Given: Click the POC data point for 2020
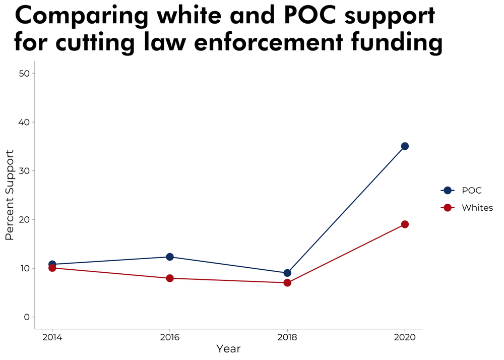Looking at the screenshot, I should (405, 146).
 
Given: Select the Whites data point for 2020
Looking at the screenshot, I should (405, 224).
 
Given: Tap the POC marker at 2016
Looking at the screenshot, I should (170, 257).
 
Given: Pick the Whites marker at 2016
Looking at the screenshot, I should (170, 278).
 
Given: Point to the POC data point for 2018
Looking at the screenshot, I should (287, 273).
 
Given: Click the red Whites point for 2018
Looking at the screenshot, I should (287, 283).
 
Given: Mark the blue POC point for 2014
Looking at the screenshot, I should (52, 264).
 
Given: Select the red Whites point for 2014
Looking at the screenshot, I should (52, 268).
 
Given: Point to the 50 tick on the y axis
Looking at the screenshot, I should (24, 73).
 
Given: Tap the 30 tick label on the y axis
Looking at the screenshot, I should (24, 171).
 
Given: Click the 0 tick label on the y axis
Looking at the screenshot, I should (27, 317).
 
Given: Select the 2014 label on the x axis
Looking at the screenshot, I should (52, 337).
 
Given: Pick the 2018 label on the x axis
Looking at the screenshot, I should (287, 337).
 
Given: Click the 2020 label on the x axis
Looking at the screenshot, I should (405, 337).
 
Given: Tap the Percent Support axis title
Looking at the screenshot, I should (10, 195).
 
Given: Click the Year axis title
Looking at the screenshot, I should (228, 349).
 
